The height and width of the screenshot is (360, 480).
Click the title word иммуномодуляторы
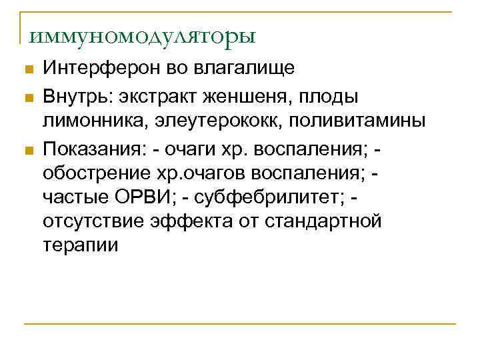[x=142, y=34]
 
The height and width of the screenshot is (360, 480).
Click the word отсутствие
[x=97, y=221]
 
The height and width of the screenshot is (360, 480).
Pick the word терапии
[x=80, y=245]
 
